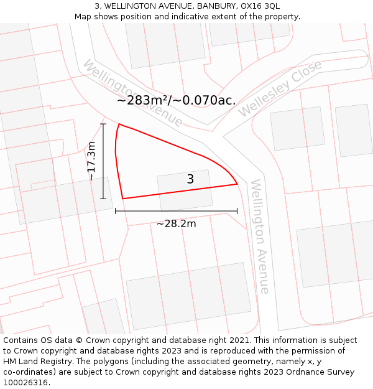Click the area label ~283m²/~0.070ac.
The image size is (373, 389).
point(176,100)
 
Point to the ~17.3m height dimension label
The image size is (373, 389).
point(91,161)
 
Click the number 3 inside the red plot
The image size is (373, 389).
point(190,179)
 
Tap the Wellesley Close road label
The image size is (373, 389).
point(280,88)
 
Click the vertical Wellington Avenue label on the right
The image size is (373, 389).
point(260,237)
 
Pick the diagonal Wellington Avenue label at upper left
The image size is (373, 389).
point(132,93)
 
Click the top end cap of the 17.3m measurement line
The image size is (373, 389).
point(103,124)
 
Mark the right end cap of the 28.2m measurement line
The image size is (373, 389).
point(237,211)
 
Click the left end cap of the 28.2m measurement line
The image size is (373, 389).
point(116,211)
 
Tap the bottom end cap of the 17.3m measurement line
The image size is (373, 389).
point(103,199)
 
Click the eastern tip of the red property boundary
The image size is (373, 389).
point(237,184)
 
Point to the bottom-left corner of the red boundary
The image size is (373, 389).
point(123,199)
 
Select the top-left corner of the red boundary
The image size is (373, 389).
point(118,124)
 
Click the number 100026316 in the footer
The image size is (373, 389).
point(25,383)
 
